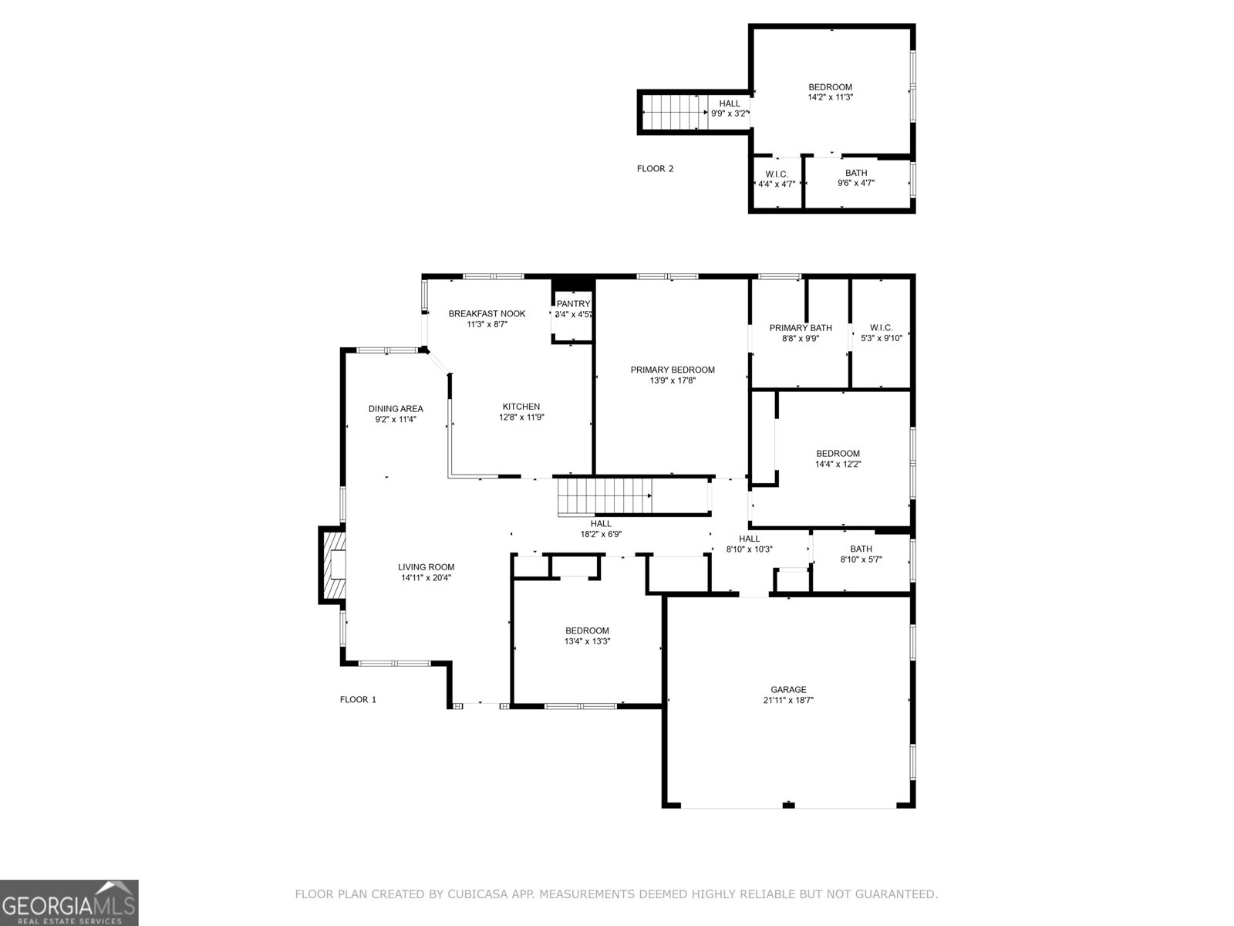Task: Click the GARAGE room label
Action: click(x=788, y=689)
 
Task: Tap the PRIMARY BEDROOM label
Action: click(x=673, y=370)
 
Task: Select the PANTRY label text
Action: click(x=573, y=304)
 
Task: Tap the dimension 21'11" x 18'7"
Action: click(x=788, y=701)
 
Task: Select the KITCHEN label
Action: click(x=521, y=407)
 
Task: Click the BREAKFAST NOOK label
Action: click(x=487, y=313)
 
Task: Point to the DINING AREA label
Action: click(x=396, y=409)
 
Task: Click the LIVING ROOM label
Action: click(x=427, y=567)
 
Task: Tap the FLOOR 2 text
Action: click(x=655, y=168)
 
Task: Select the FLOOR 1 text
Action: click(x=358, y=699)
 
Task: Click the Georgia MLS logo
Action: click(x=69, y=902)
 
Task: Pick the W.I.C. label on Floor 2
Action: click(x=777, y=174)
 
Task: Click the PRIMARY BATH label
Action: click(x=801, y=328)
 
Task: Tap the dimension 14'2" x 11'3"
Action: click(x=830, y=98)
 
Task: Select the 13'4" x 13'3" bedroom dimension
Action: click(x=587, y=641)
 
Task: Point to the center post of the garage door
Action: click(x=788, y=806)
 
